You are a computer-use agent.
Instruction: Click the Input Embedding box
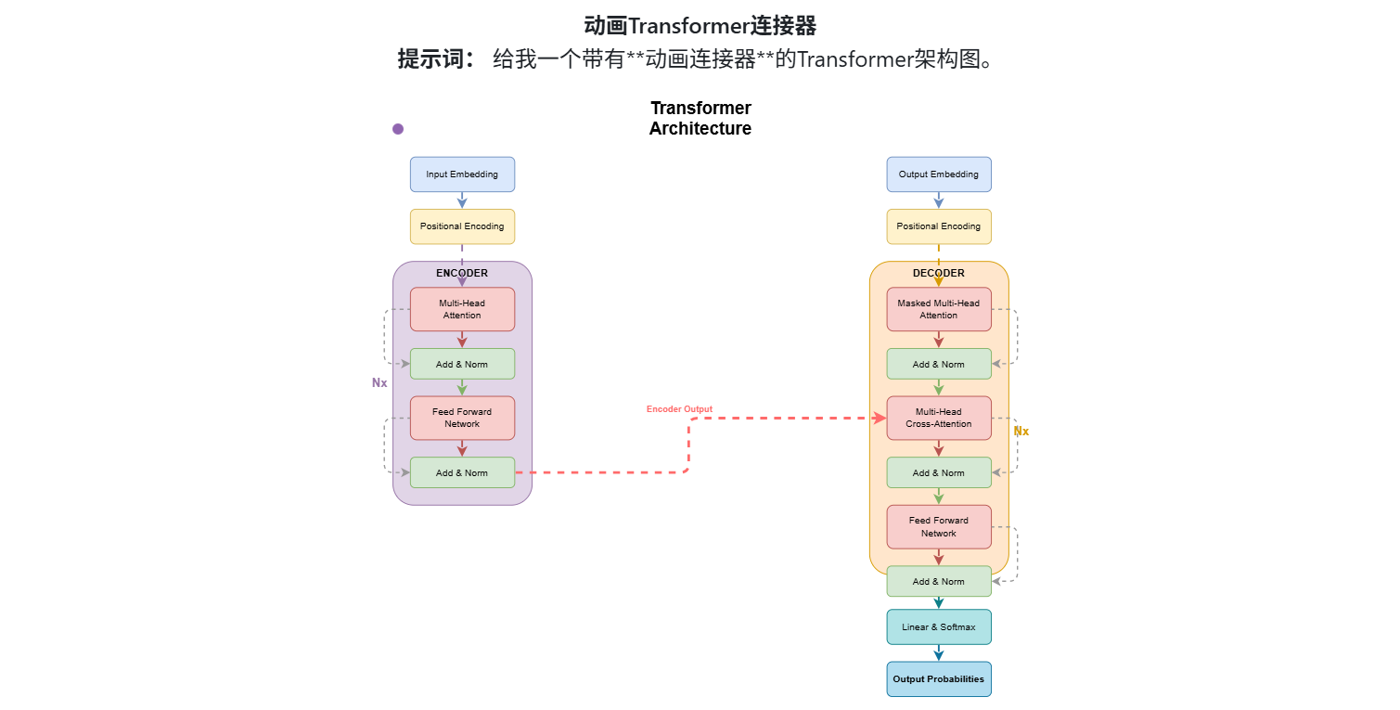(x=462, y=174)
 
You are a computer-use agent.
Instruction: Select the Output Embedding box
(x=938, y=174)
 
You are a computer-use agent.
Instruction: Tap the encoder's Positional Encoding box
(x=462, y=226)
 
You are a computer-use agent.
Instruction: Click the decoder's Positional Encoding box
(x=938, y=226)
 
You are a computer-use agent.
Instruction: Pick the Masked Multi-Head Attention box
(x=938, y=309)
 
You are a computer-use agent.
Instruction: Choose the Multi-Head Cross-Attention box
(x=938, y=418)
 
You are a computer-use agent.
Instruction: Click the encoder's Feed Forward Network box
(x=462, y=418)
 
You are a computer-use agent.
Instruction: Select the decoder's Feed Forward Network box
(x=938, y=526)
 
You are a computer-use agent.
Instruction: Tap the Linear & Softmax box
(x=938, y=627)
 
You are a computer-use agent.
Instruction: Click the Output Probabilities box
(x=938, y=679)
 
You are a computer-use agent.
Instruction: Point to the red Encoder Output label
(x=679, y=409)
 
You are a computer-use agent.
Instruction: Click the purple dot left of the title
(x=398, y=129)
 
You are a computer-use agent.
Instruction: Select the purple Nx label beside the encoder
(x=379, y=382)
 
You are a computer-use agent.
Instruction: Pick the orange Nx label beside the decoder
(x=1021, y=432)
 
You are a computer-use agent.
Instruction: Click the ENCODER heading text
(x=462, y=274)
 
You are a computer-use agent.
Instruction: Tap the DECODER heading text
(x=938, y=274)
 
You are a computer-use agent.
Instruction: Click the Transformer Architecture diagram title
(x=700, y=119)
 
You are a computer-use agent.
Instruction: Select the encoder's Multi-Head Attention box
(x=462, y=309)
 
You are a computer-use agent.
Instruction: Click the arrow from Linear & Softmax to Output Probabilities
(x=939, y=653)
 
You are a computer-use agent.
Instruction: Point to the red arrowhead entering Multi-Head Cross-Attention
(x=880, y=419)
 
